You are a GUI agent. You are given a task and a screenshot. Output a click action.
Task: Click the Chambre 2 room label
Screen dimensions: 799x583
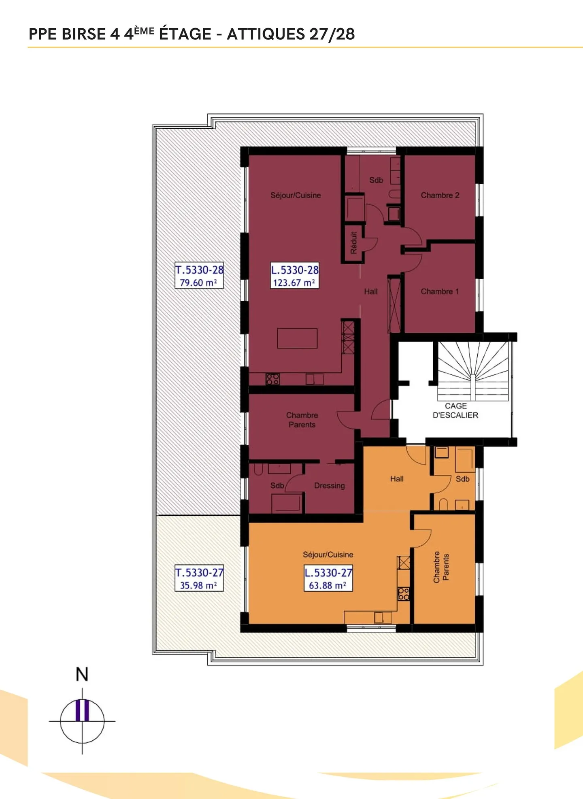click(440, 195)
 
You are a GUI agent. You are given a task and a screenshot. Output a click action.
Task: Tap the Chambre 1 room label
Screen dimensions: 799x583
click(440, 291)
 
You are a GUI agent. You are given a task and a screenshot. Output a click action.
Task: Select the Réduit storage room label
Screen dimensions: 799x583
click(353, 243)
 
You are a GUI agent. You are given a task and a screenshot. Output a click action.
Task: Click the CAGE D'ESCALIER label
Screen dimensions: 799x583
click(455, 410)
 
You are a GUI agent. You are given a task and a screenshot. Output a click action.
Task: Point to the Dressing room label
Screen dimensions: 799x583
click(329, 485)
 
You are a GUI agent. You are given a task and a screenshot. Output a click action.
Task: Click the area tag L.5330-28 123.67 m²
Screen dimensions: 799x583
click(294, 276)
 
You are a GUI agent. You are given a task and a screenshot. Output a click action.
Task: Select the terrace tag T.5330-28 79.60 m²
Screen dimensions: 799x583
click(199, 276)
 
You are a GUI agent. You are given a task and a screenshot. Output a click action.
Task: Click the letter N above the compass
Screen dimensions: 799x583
click(82, 674)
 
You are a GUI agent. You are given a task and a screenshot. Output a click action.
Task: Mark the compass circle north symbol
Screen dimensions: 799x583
click(82, 721)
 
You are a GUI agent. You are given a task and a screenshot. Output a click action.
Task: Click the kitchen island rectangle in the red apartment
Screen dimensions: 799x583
click(297, 338)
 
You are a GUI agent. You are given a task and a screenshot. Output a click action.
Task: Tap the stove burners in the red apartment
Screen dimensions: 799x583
click(272, 379)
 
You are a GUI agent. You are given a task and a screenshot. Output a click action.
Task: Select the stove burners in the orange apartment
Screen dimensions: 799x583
click(403, 594)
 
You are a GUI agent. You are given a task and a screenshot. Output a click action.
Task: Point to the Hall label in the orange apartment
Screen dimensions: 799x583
click(397, 479)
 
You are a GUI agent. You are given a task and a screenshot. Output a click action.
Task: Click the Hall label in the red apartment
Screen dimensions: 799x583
click(370, 291)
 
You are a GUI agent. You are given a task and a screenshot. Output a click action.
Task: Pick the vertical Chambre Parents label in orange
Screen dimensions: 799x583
click(441, 567)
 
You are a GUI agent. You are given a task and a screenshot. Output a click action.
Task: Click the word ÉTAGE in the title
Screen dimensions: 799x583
click(185, 34)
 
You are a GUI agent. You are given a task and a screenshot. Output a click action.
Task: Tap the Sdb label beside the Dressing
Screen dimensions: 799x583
click(277, 485)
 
